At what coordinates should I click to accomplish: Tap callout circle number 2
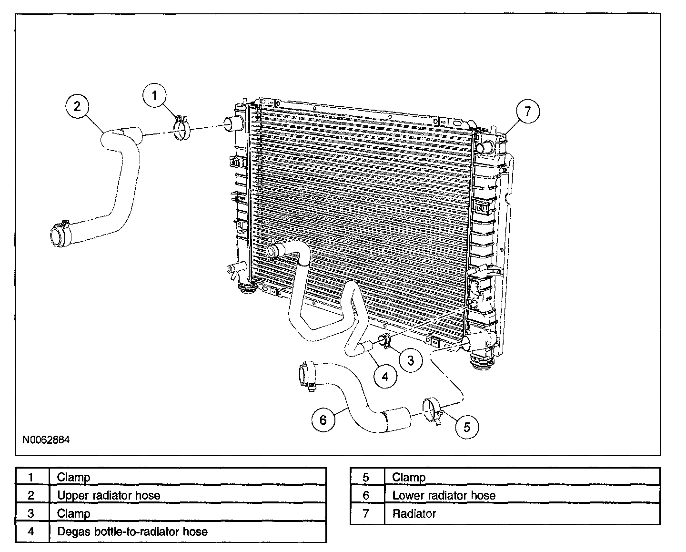point(78,106)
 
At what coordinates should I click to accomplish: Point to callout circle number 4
point(385,377)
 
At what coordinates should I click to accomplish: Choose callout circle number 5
point(466,427)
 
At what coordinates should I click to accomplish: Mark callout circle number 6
point(323,420)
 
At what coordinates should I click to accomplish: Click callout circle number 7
point(527,112)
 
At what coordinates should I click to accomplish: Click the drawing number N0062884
point(46,440)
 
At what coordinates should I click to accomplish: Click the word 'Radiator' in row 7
point(414,513)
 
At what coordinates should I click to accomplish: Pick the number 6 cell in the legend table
point(366,495)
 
